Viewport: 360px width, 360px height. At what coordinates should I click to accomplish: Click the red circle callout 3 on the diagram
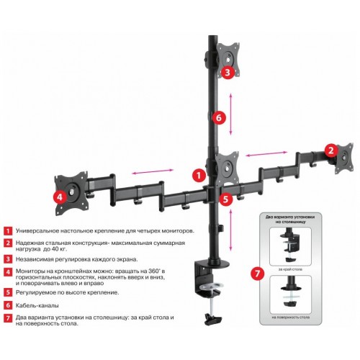pyautogui.click(x=226, y=72)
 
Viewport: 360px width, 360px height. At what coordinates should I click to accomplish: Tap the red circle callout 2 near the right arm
pyautogui.click(x=330, y=150)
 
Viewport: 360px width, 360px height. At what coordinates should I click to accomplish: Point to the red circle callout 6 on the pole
pyautogui.click(x=220, y=117)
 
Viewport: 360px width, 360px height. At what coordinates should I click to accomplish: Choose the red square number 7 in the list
pyautogui.click(x=7, y=317)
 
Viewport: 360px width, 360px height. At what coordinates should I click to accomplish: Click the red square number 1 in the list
pyautogui.click(x=7, y=231)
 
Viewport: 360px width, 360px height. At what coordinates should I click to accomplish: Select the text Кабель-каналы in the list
pyautogui.click(x=37, y=305)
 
